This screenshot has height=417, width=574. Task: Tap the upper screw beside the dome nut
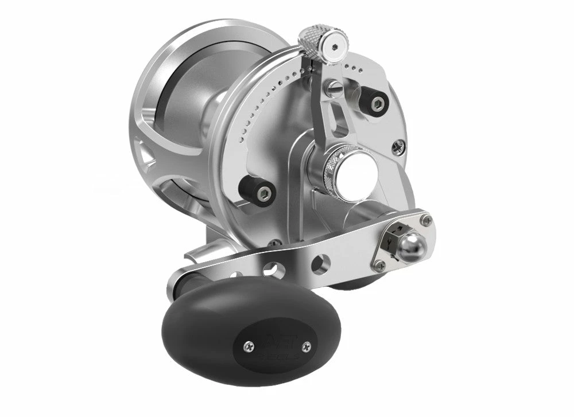pos(425,219)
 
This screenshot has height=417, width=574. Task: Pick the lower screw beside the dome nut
pos(379,266)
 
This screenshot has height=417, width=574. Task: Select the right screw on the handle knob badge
pos(308,345)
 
